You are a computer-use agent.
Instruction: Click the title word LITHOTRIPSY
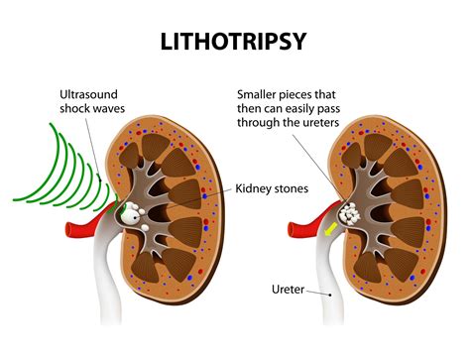point(235,43)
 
